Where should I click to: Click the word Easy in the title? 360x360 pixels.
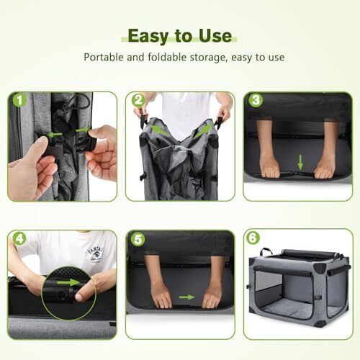pos(148,37)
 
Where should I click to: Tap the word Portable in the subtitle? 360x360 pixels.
pos(104,58)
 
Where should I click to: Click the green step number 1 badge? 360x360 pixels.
pos(19,99)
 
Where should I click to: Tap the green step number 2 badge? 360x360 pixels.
pos(138,99)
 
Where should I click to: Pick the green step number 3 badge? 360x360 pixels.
pos(256,99)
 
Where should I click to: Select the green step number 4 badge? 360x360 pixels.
pos(19,238)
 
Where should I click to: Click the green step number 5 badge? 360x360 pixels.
pos(138,238)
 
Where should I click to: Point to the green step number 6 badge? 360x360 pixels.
pos(253,238)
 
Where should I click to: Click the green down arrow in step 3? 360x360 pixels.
pos(300,162)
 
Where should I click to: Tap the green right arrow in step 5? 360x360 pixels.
pos(186,297)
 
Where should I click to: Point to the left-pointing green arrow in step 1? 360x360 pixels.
pos(55,135)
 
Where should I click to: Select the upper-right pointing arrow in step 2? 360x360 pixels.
pos(204,131)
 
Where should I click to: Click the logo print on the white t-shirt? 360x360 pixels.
pos(96,254)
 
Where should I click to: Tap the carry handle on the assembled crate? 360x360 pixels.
pos(266,251)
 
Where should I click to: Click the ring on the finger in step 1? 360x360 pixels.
pos(107,144)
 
